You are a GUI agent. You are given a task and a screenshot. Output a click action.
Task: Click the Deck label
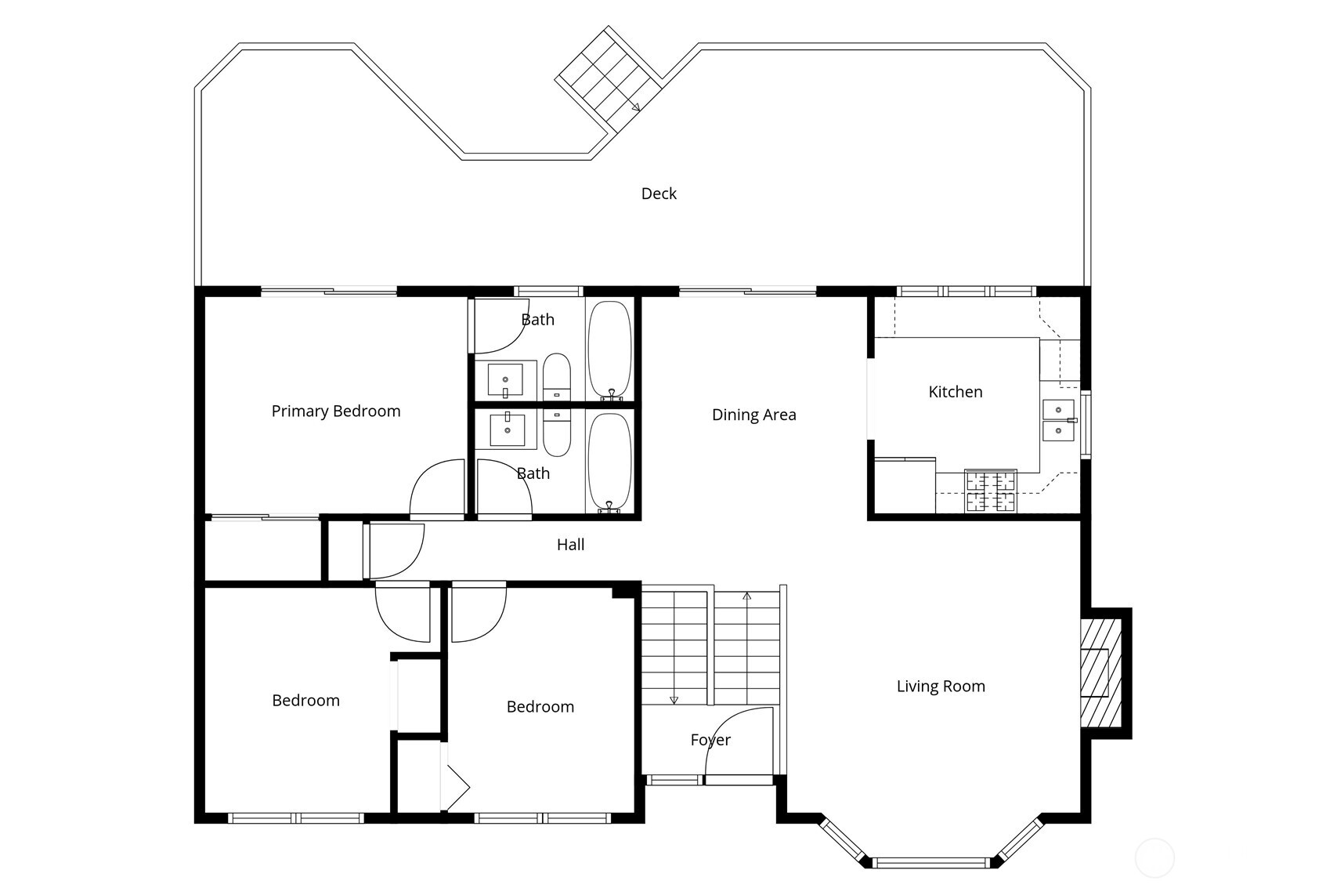(659, 194)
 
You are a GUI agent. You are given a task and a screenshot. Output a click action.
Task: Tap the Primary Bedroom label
(335, 411)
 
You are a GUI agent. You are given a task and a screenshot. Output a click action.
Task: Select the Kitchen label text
(955, 392)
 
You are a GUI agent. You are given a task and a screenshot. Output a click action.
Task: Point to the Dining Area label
(753, 415)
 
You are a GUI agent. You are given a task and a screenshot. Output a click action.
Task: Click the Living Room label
(940, 687)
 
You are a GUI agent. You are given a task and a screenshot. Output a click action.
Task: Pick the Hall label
(570, 545)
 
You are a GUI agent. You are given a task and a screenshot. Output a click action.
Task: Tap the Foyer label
(710, 740)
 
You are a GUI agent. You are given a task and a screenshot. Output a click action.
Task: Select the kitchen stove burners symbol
(991, 491)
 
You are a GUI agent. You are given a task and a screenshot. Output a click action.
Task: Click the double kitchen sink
(1058, 420)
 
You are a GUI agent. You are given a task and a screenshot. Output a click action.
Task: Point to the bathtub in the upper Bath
(609, 350)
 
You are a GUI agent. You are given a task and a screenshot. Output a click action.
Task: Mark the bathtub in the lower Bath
(609, 462)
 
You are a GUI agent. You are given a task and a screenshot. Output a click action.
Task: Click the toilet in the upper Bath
(557, 378)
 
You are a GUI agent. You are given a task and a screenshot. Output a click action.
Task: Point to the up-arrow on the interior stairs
(746, 598)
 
